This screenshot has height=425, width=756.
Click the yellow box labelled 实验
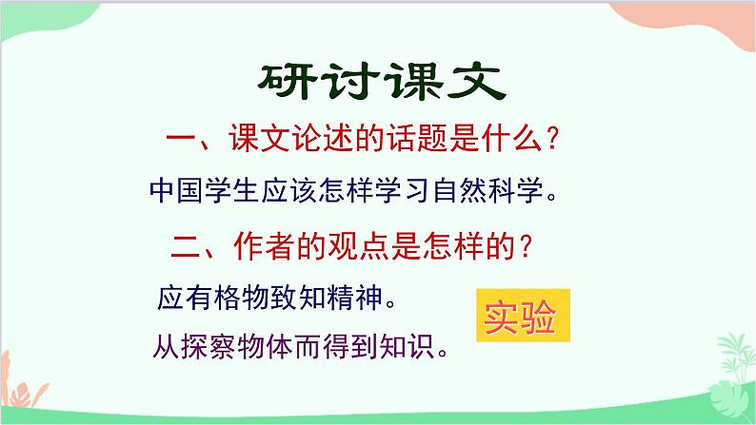(521, 318)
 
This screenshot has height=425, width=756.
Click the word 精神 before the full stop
(353, 299)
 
